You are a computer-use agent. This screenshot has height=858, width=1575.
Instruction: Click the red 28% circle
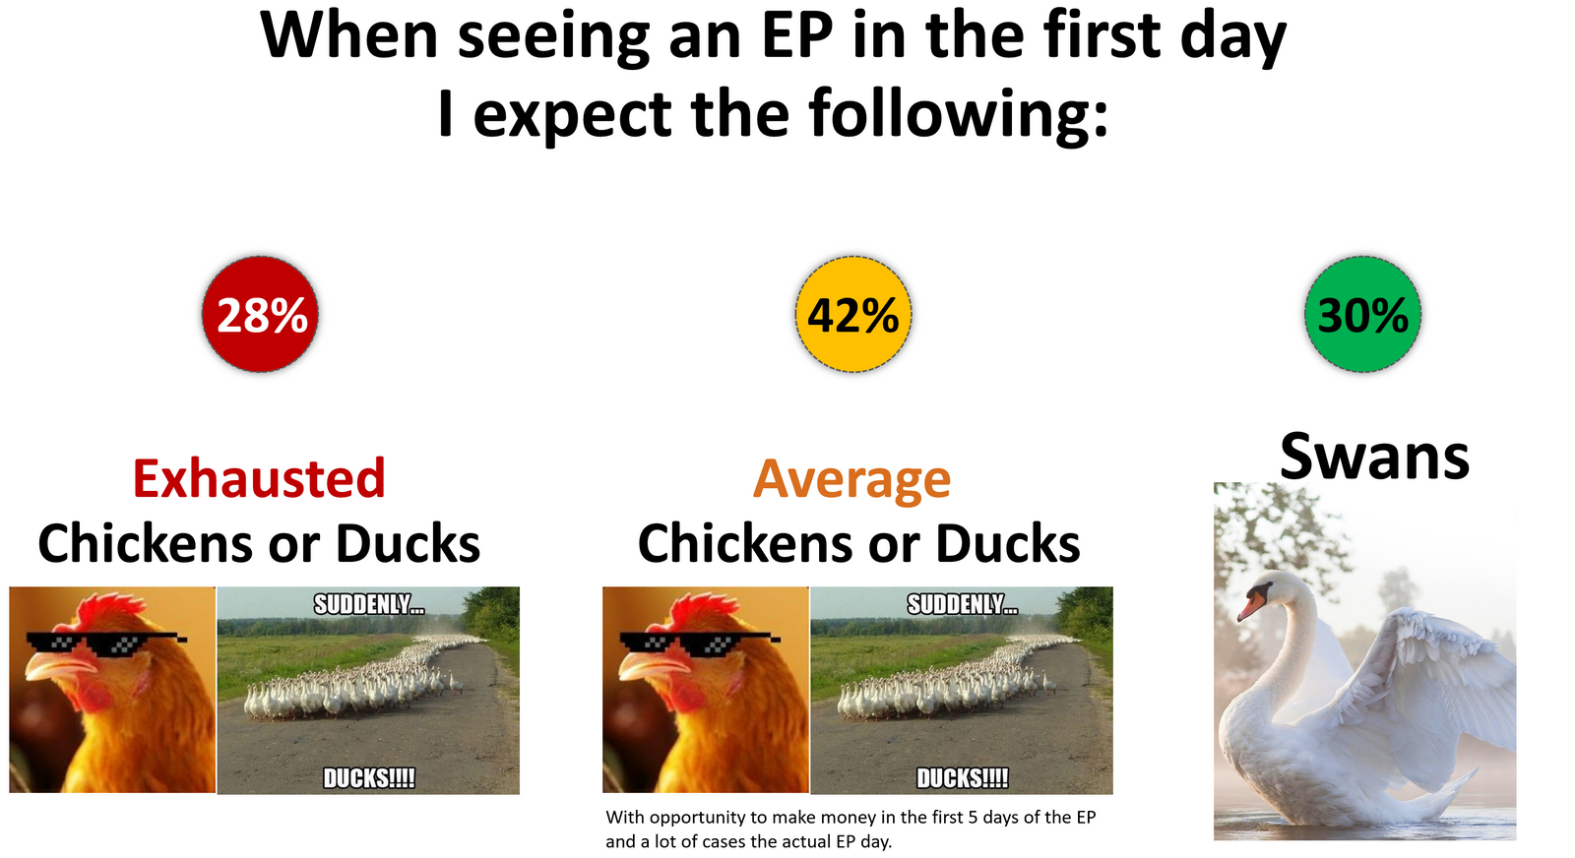pyautogui.click(x=260, y=314)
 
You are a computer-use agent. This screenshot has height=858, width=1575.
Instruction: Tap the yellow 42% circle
pyautogui.click(x=853, y=314)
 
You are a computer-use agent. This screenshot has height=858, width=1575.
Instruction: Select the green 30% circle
pyautogui.click(x=1362, y=314)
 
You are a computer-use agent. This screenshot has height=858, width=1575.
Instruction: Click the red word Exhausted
pyautogui.click(x=260, y=478)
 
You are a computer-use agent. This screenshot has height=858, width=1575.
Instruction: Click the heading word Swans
pyautogui.click(x=1374, y=457)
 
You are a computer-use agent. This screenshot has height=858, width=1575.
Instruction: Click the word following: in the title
pyautogui.click(x=959, y=114)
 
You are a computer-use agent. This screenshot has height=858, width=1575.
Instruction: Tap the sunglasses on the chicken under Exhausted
pyautogui.click(x=105, y=643)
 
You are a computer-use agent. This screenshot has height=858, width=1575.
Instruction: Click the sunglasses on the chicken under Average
pyautogui.click(x=699, y=643)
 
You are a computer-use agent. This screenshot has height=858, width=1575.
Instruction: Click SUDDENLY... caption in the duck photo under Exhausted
pyautogui.click(x=369, y=604)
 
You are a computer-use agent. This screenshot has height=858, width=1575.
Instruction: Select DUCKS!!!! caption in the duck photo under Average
pyautogui.click(x=963, y=778)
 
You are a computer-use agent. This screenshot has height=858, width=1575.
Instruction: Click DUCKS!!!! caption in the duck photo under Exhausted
pyautogui.click(x=369, y=778)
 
